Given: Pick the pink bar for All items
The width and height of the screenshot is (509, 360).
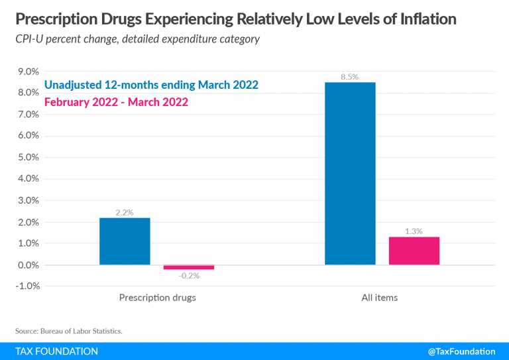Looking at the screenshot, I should click(414, 251).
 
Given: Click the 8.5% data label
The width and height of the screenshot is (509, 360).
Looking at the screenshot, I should click(349, 77).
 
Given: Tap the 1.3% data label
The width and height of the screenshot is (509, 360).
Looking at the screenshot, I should click(414, 231).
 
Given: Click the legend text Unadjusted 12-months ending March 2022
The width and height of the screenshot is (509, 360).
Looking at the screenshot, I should click(151, 85).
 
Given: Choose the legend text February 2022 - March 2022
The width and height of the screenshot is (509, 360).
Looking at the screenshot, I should click(116, 102).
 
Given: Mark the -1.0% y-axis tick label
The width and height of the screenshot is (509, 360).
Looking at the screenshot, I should click(26, 286).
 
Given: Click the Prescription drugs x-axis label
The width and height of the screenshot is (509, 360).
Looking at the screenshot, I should click(157, 298).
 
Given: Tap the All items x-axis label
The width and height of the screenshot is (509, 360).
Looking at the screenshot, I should click(380, 298).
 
